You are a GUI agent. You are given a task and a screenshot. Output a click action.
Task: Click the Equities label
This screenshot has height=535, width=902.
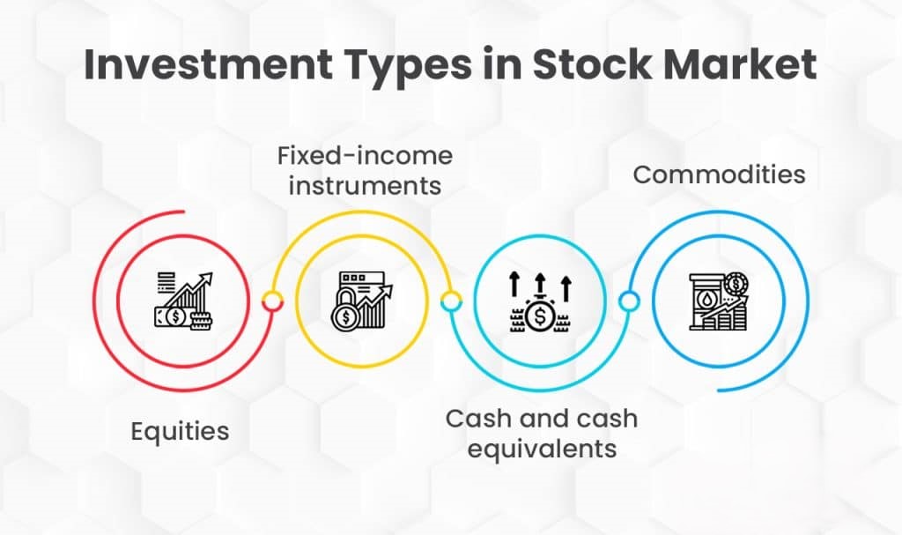click(x=180, y=432)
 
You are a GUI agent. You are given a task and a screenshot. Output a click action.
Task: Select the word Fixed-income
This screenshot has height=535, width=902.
click(x=365, y=157)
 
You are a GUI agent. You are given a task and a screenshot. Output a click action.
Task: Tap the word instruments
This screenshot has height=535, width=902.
click(x=365, y=187)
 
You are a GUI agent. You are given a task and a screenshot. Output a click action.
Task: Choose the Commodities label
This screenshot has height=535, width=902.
click(x=719, y=175)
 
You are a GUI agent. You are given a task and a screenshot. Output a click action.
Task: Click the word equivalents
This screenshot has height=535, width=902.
click(x=541, y=448)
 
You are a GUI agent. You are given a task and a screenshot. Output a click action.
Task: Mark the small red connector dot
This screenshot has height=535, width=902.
click(x=272, y=301)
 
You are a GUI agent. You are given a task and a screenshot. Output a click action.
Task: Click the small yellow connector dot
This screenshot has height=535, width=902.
click(x=450, y=302)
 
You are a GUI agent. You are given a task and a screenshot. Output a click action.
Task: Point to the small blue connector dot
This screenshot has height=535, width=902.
click(x=628, y=301)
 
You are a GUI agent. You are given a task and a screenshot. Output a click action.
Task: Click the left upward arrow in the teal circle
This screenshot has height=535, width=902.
click(x=514, y=285)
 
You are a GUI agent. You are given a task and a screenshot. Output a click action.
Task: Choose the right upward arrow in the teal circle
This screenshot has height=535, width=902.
click(x=566, y=285)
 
